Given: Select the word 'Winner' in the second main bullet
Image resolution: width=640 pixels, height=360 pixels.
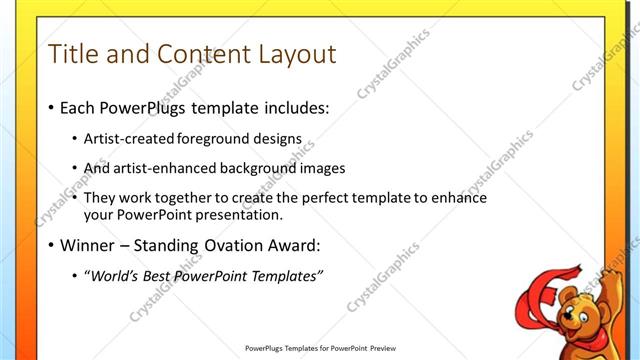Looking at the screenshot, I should (88, 245).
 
